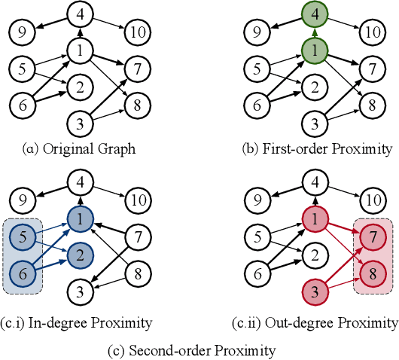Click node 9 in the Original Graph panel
click(x=23, y=32)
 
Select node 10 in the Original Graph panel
click(x=137, y=32)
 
